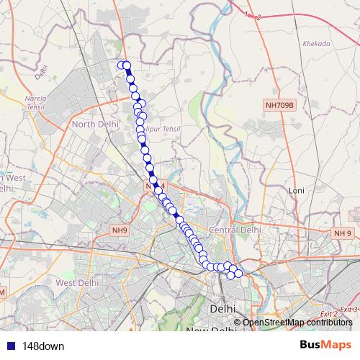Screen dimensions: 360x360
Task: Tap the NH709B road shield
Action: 280,106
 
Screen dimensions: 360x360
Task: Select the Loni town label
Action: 297,190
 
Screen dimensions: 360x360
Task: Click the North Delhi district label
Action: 95,124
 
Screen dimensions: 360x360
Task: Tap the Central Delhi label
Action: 234,230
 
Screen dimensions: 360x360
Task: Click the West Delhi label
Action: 76,283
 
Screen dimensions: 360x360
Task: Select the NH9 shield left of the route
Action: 120,230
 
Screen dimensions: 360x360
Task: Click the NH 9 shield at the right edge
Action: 341,233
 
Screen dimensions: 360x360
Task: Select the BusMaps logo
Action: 326,345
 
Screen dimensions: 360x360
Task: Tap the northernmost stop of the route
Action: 122,66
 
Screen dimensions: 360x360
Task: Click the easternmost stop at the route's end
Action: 238,273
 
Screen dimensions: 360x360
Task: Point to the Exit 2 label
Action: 329,315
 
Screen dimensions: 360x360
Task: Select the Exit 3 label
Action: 348,309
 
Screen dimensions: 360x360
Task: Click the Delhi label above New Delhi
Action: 222,308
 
